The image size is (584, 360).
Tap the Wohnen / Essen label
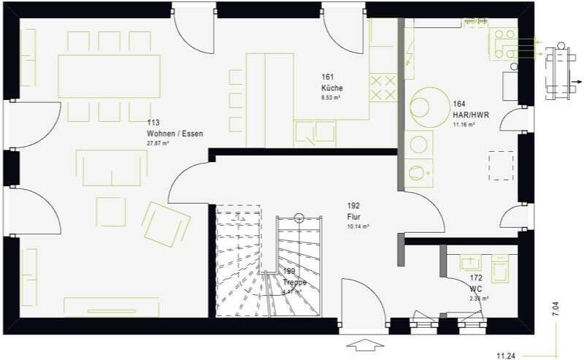(x=175, y=134)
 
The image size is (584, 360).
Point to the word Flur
(x=354, y=217)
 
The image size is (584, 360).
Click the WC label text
(x=477, y=289)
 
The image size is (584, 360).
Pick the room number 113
(x=153, y=123)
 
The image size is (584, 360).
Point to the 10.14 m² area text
(x=358, y=227)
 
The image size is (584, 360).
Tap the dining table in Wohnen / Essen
(x=109, y=75)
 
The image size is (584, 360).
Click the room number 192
(x=354, y=207)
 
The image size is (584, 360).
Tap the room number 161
(x=327, y=77)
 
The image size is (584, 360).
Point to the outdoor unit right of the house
(x=560, y=69)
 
